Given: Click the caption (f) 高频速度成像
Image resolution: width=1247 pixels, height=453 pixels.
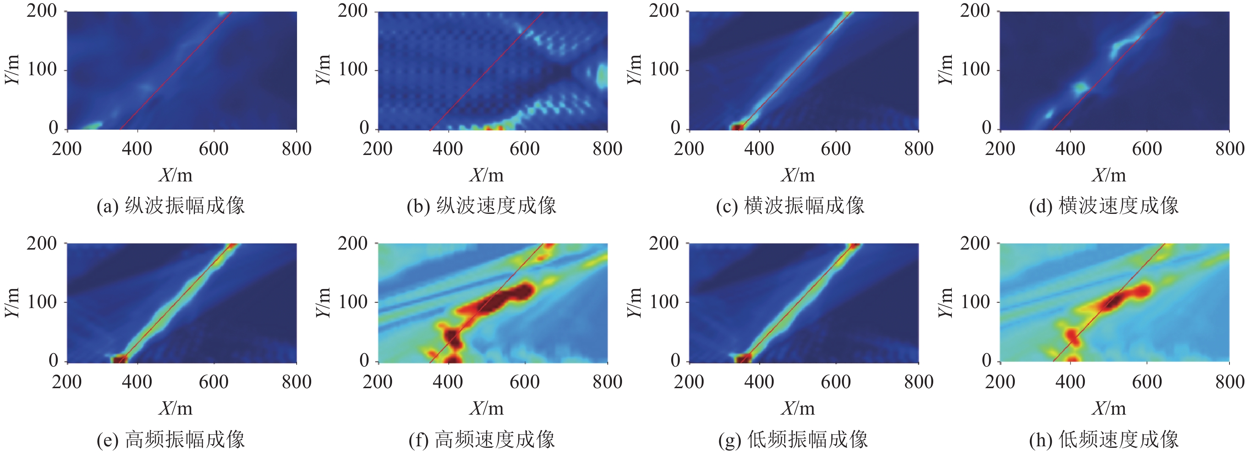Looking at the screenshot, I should click(x=482, y=440).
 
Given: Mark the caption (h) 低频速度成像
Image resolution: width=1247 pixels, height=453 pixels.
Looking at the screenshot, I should click(x=1104, y=440).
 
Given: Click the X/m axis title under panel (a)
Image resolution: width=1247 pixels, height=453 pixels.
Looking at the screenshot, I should click(x=175, y=175).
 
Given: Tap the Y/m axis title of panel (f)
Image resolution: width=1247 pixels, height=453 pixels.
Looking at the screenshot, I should click(x=323, y=302).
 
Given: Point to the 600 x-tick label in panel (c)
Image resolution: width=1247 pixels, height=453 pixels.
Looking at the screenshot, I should click(x=836, y=149).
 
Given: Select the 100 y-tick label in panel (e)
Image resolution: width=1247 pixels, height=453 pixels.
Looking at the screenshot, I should click(x=42, y=302).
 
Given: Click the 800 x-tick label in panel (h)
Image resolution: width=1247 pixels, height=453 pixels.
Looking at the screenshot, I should click(x=1229, y=382).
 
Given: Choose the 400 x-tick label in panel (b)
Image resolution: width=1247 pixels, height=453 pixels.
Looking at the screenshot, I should click(x=448, y=149).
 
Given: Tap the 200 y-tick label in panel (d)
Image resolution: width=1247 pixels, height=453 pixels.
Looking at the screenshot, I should click(x=975, y=11).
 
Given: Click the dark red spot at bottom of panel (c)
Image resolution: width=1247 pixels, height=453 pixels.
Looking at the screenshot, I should click(x=737, y=127).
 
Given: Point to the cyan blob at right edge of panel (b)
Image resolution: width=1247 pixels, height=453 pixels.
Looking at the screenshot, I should click(x=602, y=76).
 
